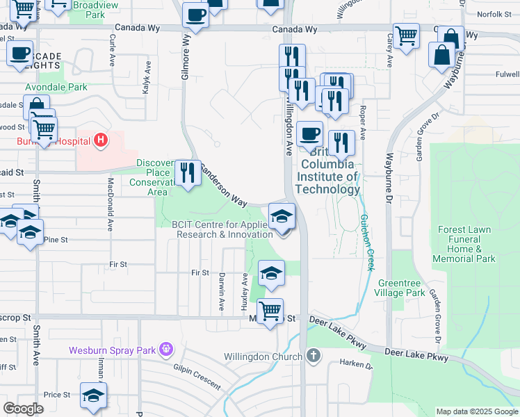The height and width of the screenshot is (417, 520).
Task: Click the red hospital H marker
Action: coord(101,141)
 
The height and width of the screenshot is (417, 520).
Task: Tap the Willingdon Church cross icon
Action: coord(314,357)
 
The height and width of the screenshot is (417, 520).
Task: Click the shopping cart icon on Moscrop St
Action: coord(270,310)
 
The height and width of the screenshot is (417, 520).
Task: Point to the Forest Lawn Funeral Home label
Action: coord(464,244)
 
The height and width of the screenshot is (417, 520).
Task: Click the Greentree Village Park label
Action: coord(401,288)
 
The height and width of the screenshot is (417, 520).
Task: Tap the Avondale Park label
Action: coord(56,88)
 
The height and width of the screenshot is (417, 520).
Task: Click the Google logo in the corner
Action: coord(24,409)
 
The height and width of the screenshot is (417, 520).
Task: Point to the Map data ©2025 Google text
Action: coord(477,411)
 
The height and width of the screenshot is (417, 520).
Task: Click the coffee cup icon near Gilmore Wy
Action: coord(196,15)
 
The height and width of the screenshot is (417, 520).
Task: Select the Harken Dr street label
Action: coord(356,363)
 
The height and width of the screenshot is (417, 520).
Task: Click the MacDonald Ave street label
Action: coord(110,204)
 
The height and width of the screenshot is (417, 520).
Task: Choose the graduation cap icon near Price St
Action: coord(93,395)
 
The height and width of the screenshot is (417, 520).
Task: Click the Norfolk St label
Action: coord(494,13)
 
